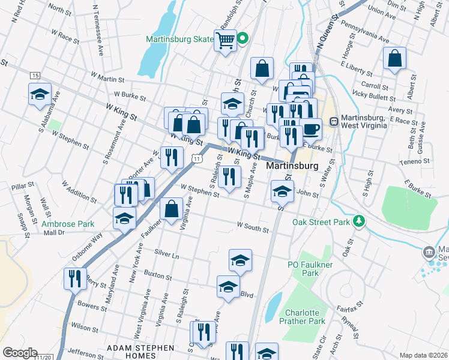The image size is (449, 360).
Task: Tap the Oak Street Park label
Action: [x=321, y=222]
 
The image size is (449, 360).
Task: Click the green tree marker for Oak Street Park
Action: [x=359, y=221]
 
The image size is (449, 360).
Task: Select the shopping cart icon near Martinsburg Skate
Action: [x=225, y=41]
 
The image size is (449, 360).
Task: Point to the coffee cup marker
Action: [x=310, y=129]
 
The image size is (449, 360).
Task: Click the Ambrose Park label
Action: [x=68, y=224]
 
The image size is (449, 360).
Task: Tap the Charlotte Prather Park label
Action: [x=305, y=317]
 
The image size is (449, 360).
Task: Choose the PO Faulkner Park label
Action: [x=303, y=268]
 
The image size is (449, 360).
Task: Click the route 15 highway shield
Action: [x=35, y=75]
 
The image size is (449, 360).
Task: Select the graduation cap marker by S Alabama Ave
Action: [x=40, y=94]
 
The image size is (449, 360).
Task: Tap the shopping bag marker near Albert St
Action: [x=394, y=59]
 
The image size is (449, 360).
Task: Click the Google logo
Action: [x=19, y=353]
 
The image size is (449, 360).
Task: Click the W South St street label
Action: [x=252, y=226]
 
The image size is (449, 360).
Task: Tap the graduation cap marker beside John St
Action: [x=282, y=191]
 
